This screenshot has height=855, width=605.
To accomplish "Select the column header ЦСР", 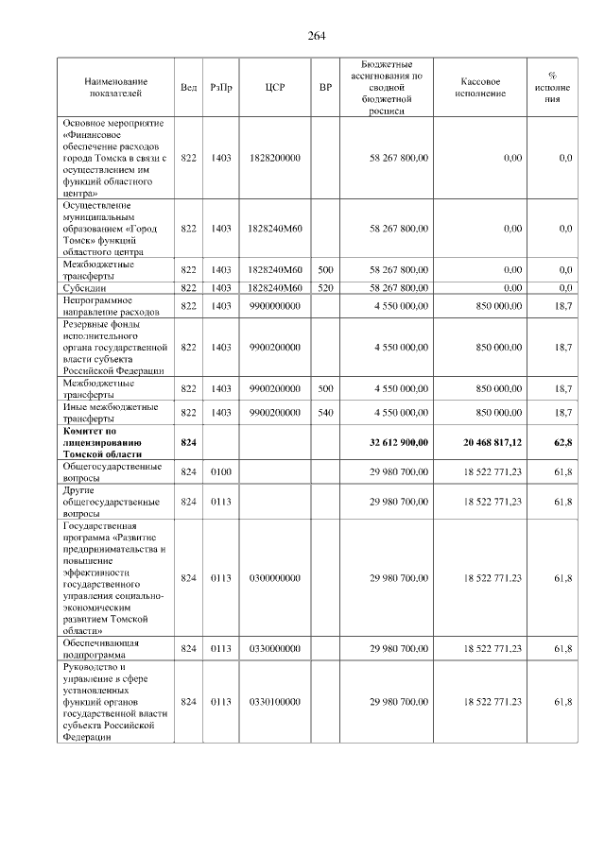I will pyautogui.click(x=275, y=87).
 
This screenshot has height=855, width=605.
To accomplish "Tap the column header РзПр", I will pyautogui.click(x=221, y=87).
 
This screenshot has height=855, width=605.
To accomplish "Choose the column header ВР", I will pyautogui.click(x=325, y=87).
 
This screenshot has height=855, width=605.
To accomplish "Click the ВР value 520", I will pyautogui.click(x=325, y=287).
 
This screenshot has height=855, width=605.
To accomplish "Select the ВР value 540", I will pyautogui.click(x=325, y=413).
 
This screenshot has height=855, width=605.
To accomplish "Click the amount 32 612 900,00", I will pyautogui.click(x=399, y=442).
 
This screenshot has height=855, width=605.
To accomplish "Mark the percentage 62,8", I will pyautogui.click(x=563, y=442).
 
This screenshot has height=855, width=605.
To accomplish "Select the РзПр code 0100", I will pyautogui.click(x=221, y=471).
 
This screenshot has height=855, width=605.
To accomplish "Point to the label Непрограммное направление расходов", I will pyautogui.click(x=112, y=306).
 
